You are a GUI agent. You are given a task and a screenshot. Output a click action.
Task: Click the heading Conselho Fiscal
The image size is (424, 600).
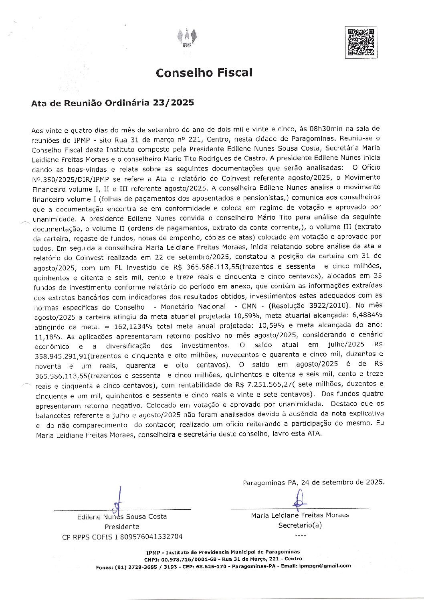click(x=204, y=73)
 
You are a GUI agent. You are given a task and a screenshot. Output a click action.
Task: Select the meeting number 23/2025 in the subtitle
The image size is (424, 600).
click(x=174, y=103)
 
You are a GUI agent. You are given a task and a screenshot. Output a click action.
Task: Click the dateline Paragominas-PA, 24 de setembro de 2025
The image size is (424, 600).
click(x=313, y=482)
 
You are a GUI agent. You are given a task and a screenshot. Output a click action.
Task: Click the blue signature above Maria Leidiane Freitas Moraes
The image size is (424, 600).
click(x=299, y=499)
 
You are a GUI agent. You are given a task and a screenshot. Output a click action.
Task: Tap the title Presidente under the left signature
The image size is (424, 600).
click(x=122, y=527)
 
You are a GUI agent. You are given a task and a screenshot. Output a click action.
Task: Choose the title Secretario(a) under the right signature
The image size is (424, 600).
click(x=300, y=525)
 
